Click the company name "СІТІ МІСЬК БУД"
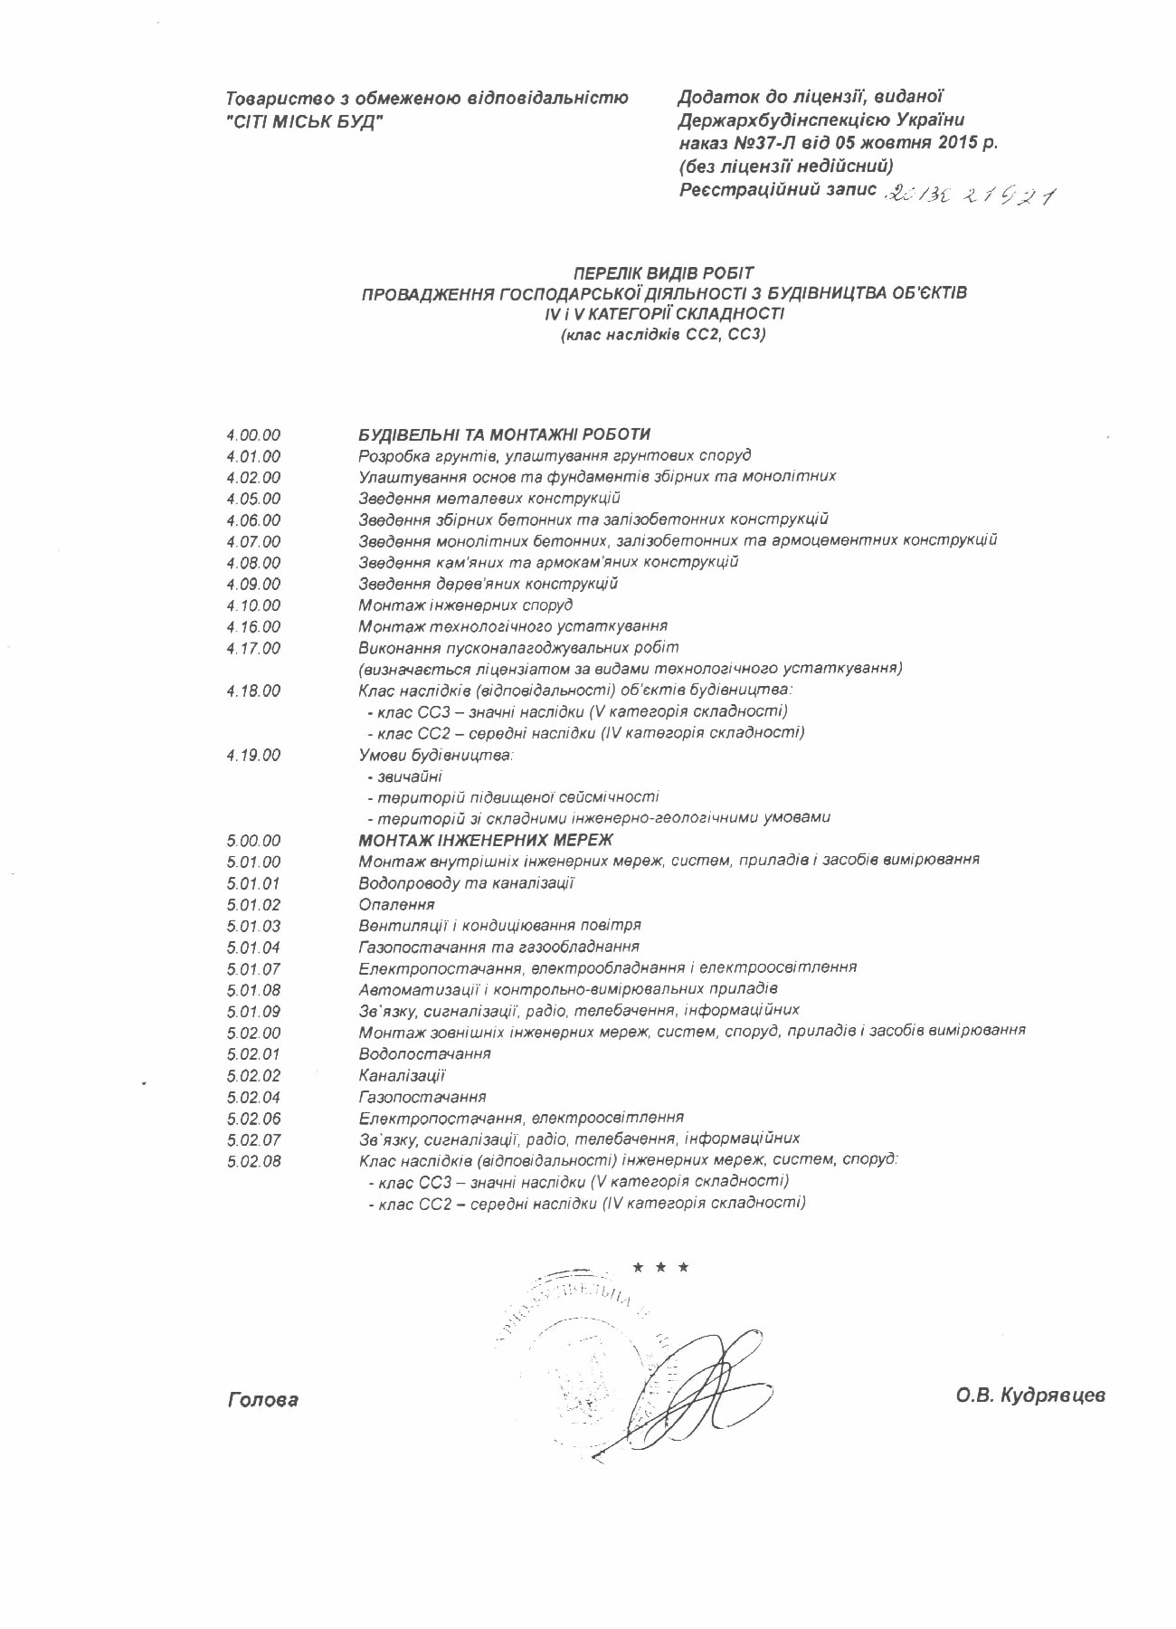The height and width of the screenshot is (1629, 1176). [305, 122]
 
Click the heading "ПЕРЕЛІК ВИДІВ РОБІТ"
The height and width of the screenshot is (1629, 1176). [663, 272]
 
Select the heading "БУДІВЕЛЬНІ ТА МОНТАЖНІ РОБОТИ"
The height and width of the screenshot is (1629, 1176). [504, 434]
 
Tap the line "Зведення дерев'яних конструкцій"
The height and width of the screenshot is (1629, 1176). [488, 584]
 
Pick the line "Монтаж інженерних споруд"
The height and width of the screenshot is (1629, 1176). [465, 605]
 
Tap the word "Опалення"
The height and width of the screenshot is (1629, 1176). [396, 904]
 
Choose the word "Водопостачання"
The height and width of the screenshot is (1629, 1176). [424, 1053]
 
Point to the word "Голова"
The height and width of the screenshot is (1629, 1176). [263, 1400]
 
